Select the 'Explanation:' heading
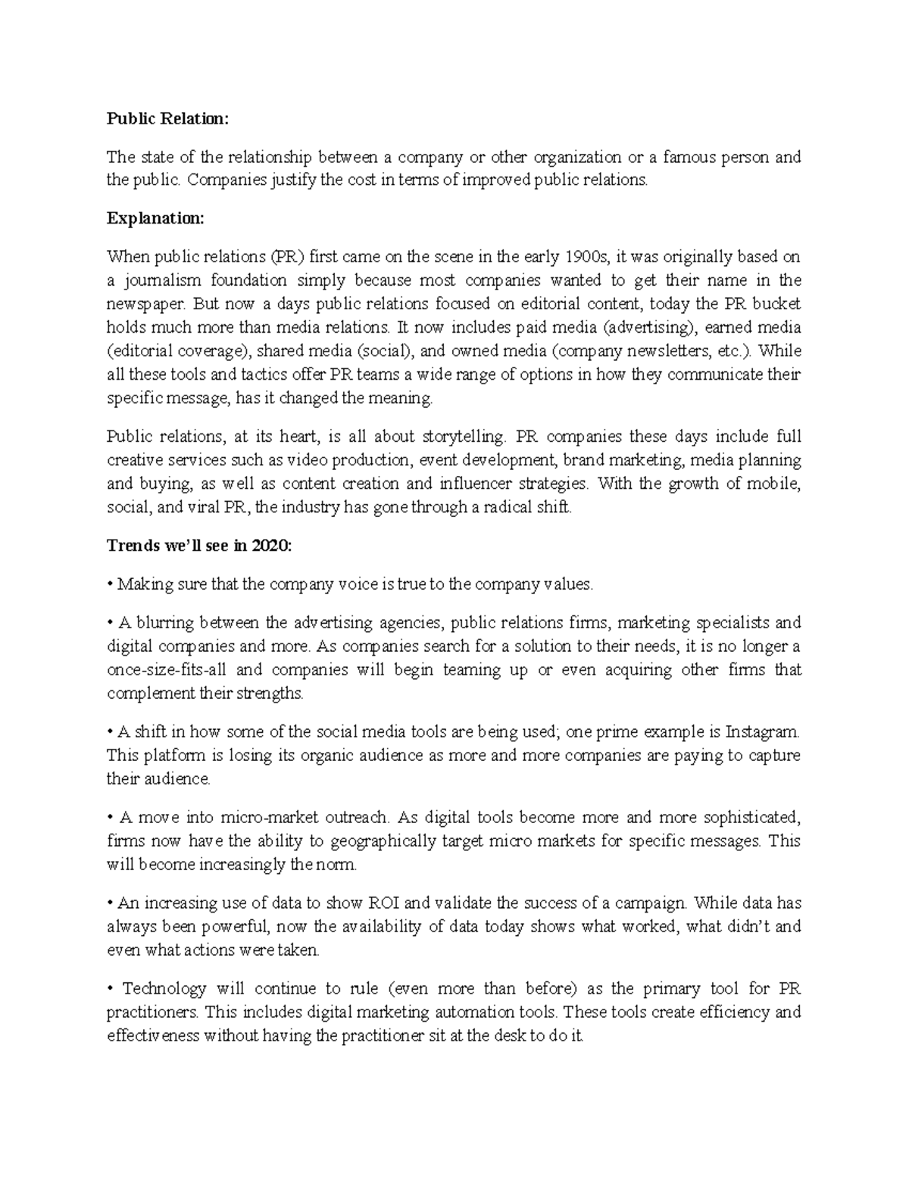tap(155, 218)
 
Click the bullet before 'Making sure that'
tap(111, 584)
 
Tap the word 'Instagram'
tap(762, 732)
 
